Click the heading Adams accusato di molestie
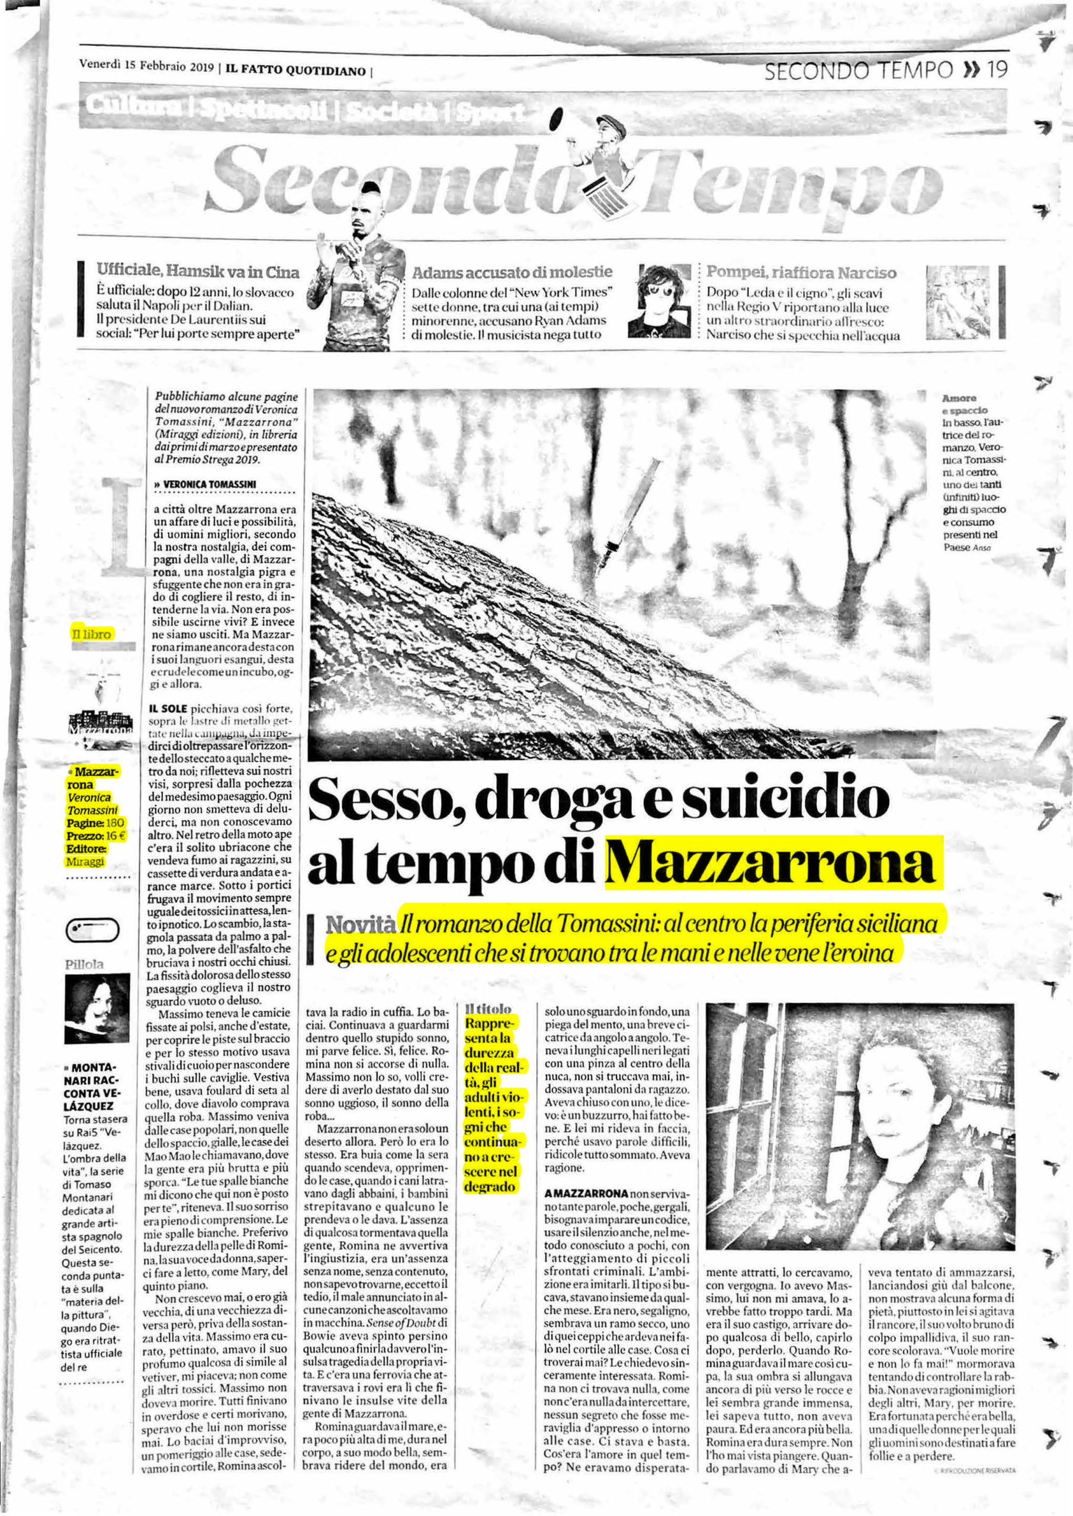pos(512,271)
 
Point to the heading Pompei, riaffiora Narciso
pos(801,271)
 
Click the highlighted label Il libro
pos(92,634)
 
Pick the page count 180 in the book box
pos(115,823)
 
